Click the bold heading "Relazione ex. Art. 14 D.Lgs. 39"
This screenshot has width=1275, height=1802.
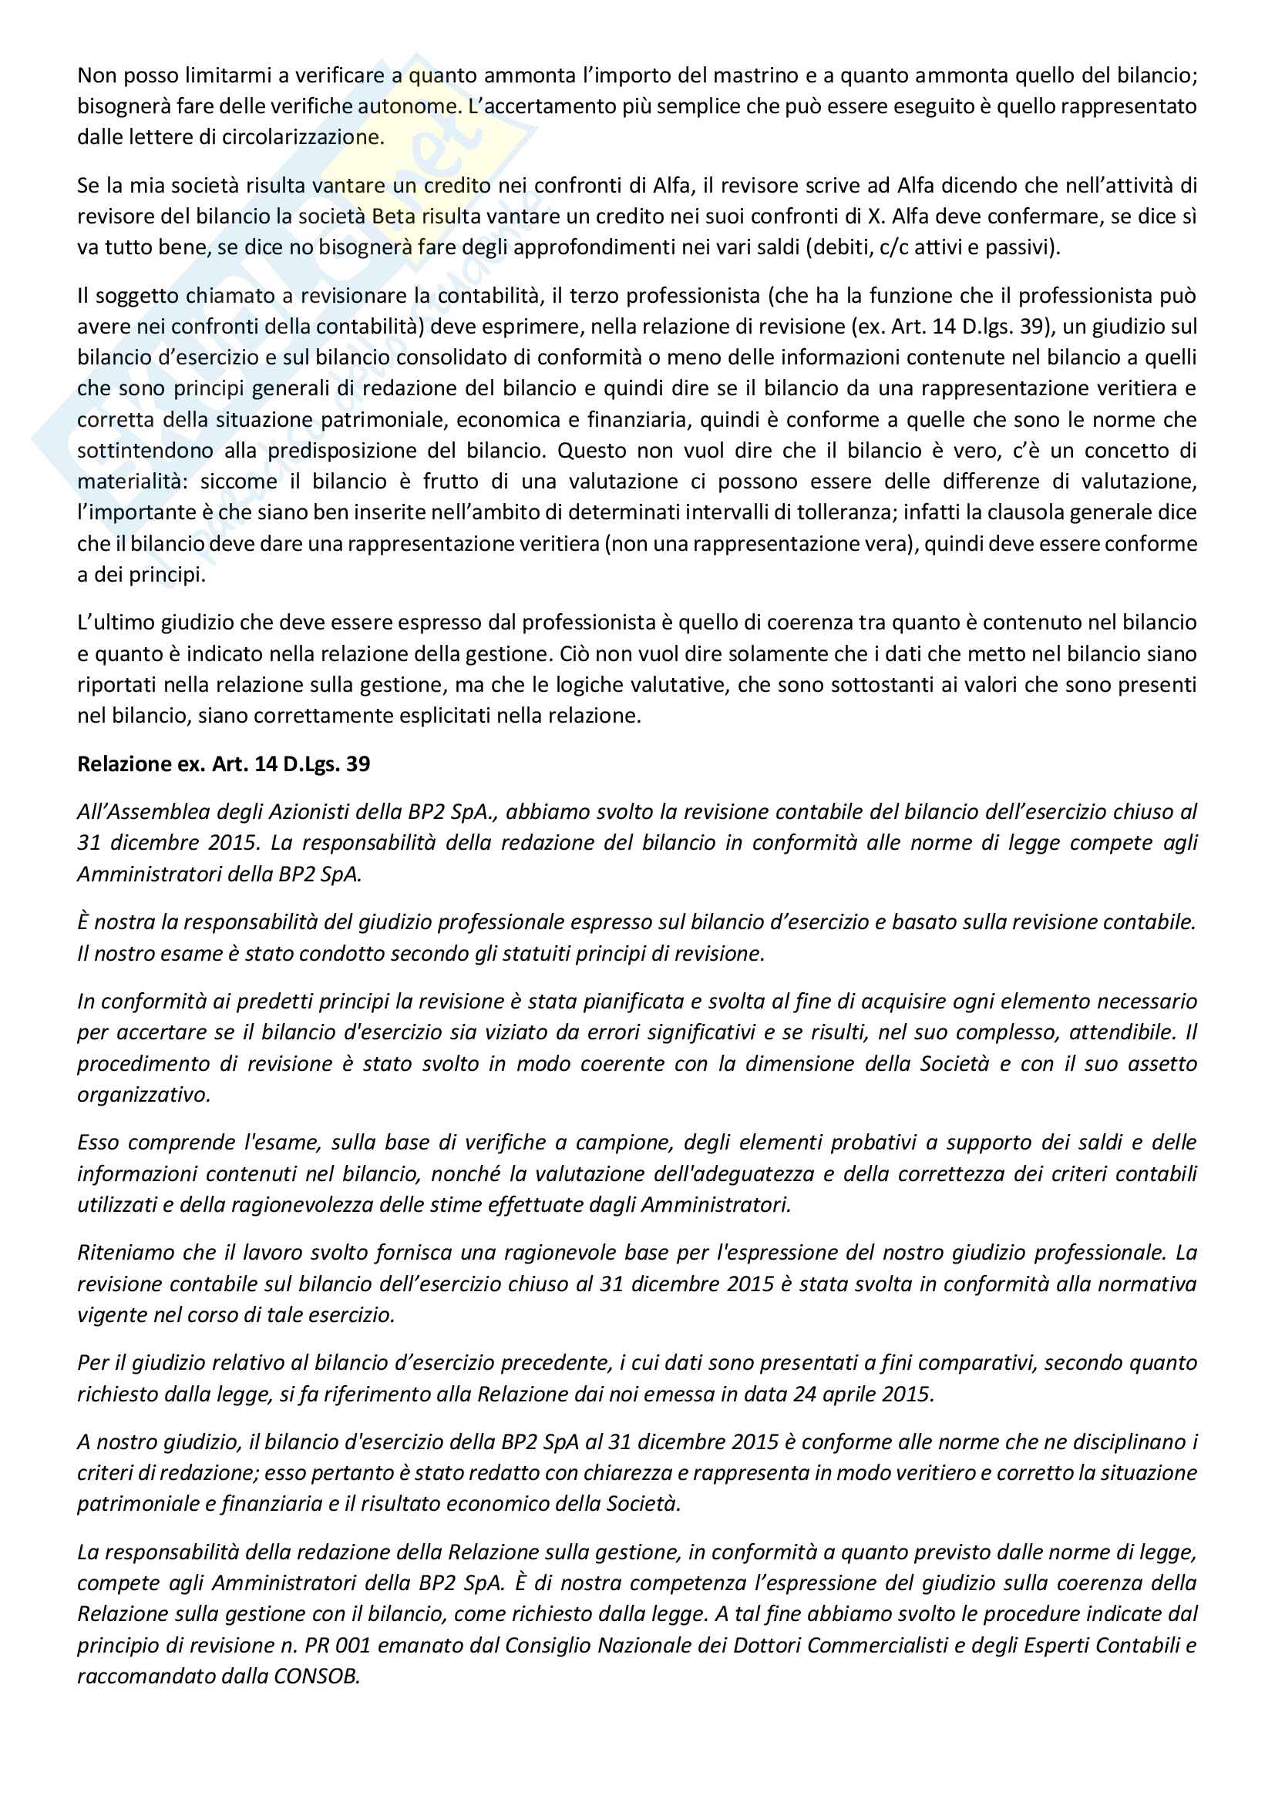click(223, 763)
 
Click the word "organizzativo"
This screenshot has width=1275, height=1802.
click(143, 1095)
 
